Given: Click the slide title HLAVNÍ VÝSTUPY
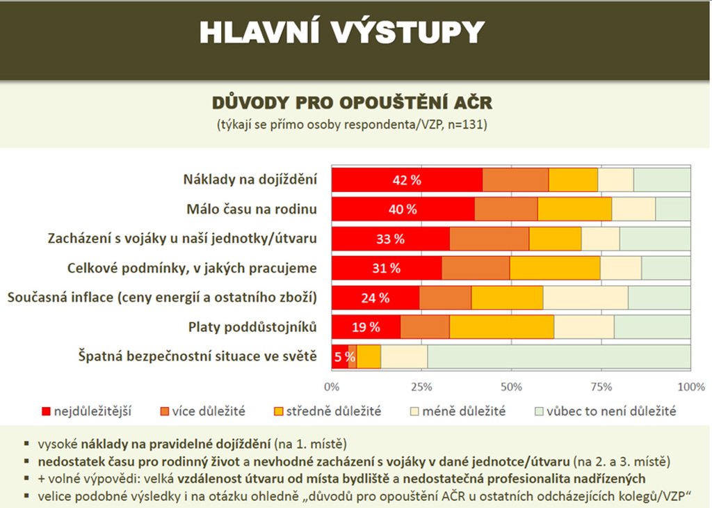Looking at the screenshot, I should click(341, 32).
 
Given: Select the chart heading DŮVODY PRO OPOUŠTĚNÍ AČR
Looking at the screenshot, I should click(352, 104).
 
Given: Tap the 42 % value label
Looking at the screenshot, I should click(407, 180).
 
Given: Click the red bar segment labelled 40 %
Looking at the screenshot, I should click(403, 209).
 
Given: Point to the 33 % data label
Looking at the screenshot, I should click(390, 239).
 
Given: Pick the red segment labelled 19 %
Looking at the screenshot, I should click(366, 326).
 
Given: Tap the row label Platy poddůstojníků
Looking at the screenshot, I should click(253, 326).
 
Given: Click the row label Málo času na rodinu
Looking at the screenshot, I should click(252, 209).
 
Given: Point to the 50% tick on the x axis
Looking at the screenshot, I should click(511, 386).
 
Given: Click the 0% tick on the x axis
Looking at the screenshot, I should click(332, 386).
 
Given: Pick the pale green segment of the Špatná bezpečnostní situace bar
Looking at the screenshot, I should click(559, 356).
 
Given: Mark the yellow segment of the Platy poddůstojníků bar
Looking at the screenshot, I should click(501, 326).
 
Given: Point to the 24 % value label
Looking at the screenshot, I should click(375, 297).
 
